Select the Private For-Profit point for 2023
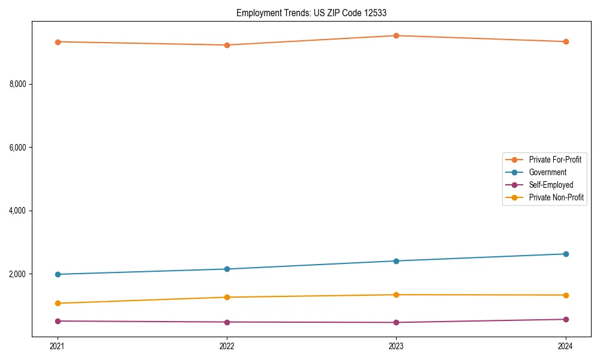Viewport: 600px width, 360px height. tap(397, 35)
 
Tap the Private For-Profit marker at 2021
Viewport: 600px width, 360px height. tap(58, 42)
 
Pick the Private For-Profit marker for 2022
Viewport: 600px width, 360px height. tap(227, 45)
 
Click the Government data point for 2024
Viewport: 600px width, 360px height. tap(566, 254)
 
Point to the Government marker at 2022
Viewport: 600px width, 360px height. tap(227, 269)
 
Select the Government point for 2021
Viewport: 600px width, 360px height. tap(58, 274)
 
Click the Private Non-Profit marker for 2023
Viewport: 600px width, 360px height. tap(397, 295)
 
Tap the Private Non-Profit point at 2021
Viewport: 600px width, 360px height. tap(58, 303)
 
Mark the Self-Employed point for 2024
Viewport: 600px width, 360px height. tap(566, 319)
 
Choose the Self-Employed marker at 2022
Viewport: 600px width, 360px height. tap(227, 322)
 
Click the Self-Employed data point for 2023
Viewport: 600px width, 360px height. tap(397, 322)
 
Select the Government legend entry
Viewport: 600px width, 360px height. tap(548, 172)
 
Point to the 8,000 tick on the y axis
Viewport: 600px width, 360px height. tap(18, 84)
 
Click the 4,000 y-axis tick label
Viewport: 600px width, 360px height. tap(18, 211)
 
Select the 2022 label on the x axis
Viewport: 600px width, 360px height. tap(227, 346)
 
